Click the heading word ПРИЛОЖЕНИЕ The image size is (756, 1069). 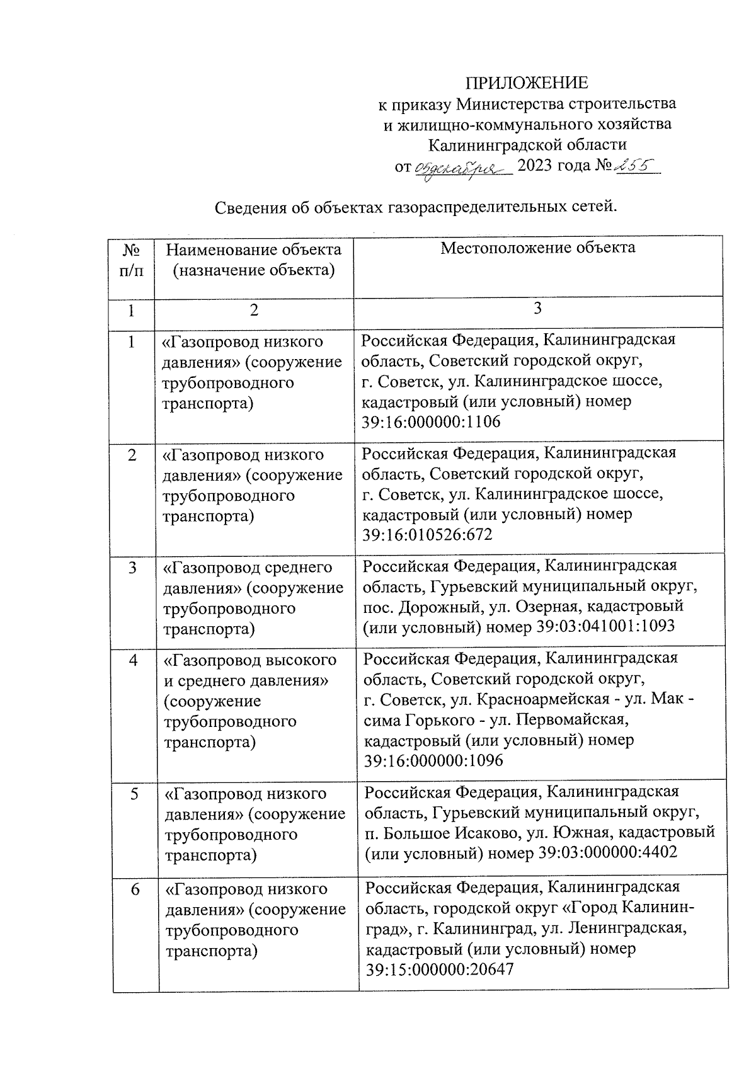pos(527,83)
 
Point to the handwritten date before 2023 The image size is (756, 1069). pos(463,168)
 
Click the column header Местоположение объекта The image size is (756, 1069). pos(537,248)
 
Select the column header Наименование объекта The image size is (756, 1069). pos(253,250)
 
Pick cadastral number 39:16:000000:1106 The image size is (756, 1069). pos(432,421)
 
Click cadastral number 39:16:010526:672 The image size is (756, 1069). pos(427,535)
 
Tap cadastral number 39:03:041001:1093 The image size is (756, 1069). pos(605,626)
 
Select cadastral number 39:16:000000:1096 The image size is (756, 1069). pos(433,761)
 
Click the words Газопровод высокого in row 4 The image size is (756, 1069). pos(250,660)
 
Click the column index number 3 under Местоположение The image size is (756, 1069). pos(537,308)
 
